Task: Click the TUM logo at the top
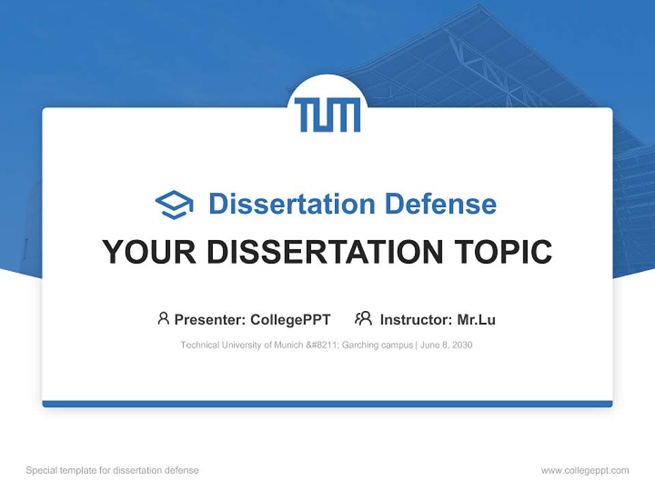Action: tap(327, 115)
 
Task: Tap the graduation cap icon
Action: tap(174, 204)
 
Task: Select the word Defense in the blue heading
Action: tap(440, 204)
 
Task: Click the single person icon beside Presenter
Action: tap(163, 318)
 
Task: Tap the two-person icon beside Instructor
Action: tap(363, 318)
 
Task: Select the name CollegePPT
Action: tap(290, 319)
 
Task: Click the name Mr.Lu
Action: tap(476, 319)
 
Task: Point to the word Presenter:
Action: tap(210, 319)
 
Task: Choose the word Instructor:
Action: tap(416, 319)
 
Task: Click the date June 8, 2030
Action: tap(446, 345)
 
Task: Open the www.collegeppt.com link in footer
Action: tap(585, 471)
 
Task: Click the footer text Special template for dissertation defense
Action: tap(113, 471)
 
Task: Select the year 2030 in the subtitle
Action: tap(461, 345)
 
